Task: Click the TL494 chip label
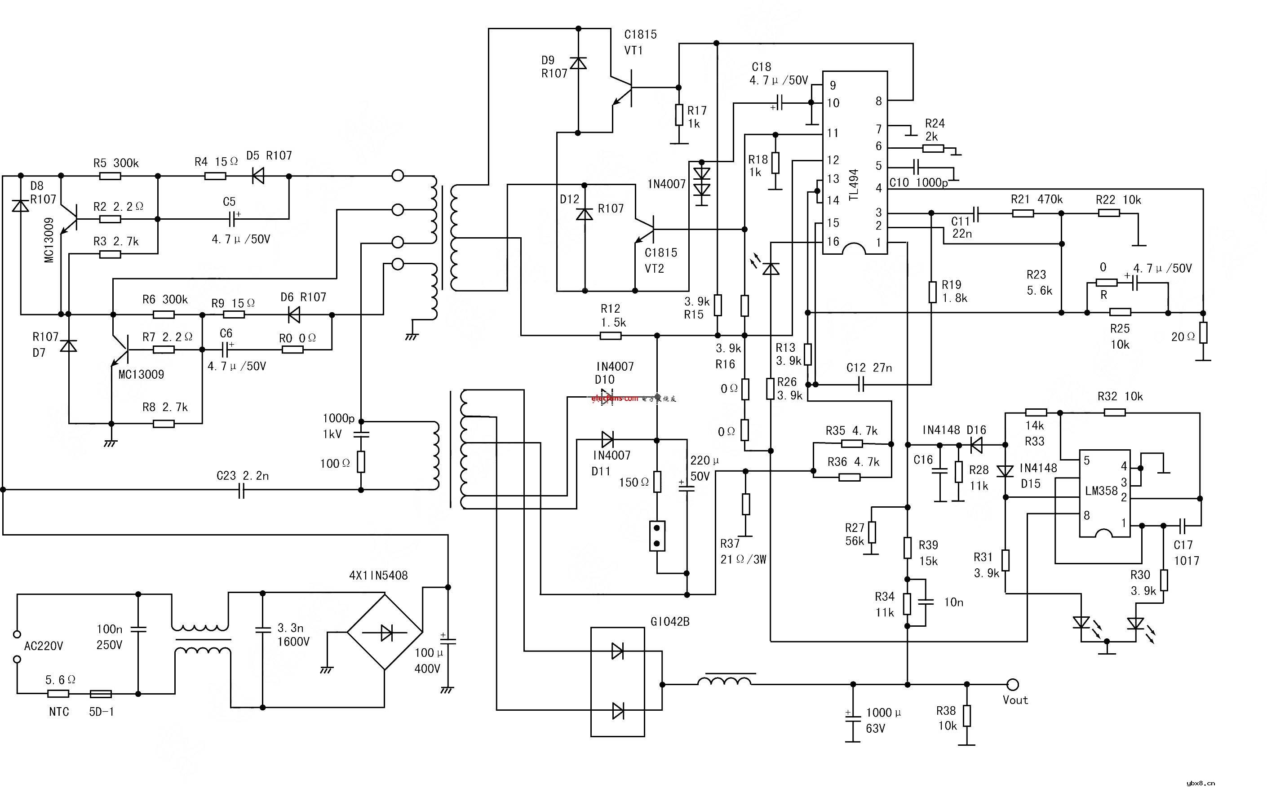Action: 854,185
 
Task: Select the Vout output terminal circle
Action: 1012,684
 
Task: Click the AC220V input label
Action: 44,646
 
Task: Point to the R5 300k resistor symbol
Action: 110,176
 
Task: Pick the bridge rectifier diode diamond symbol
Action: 385,631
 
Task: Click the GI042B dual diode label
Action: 670,622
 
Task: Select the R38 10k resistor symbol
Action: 966,716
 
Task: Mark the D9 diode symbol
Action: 578,64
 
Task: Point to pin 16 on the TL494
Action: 833,241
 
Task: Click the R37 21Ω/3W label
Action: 742,551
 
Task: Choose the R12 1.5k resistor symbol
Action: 611,336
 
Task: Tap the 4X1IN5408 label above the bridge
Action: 378,576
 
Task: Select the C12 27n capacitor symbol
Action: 861,385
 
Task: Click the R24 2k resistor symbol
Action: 933,148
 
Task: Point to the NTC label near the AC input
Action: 59,712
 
